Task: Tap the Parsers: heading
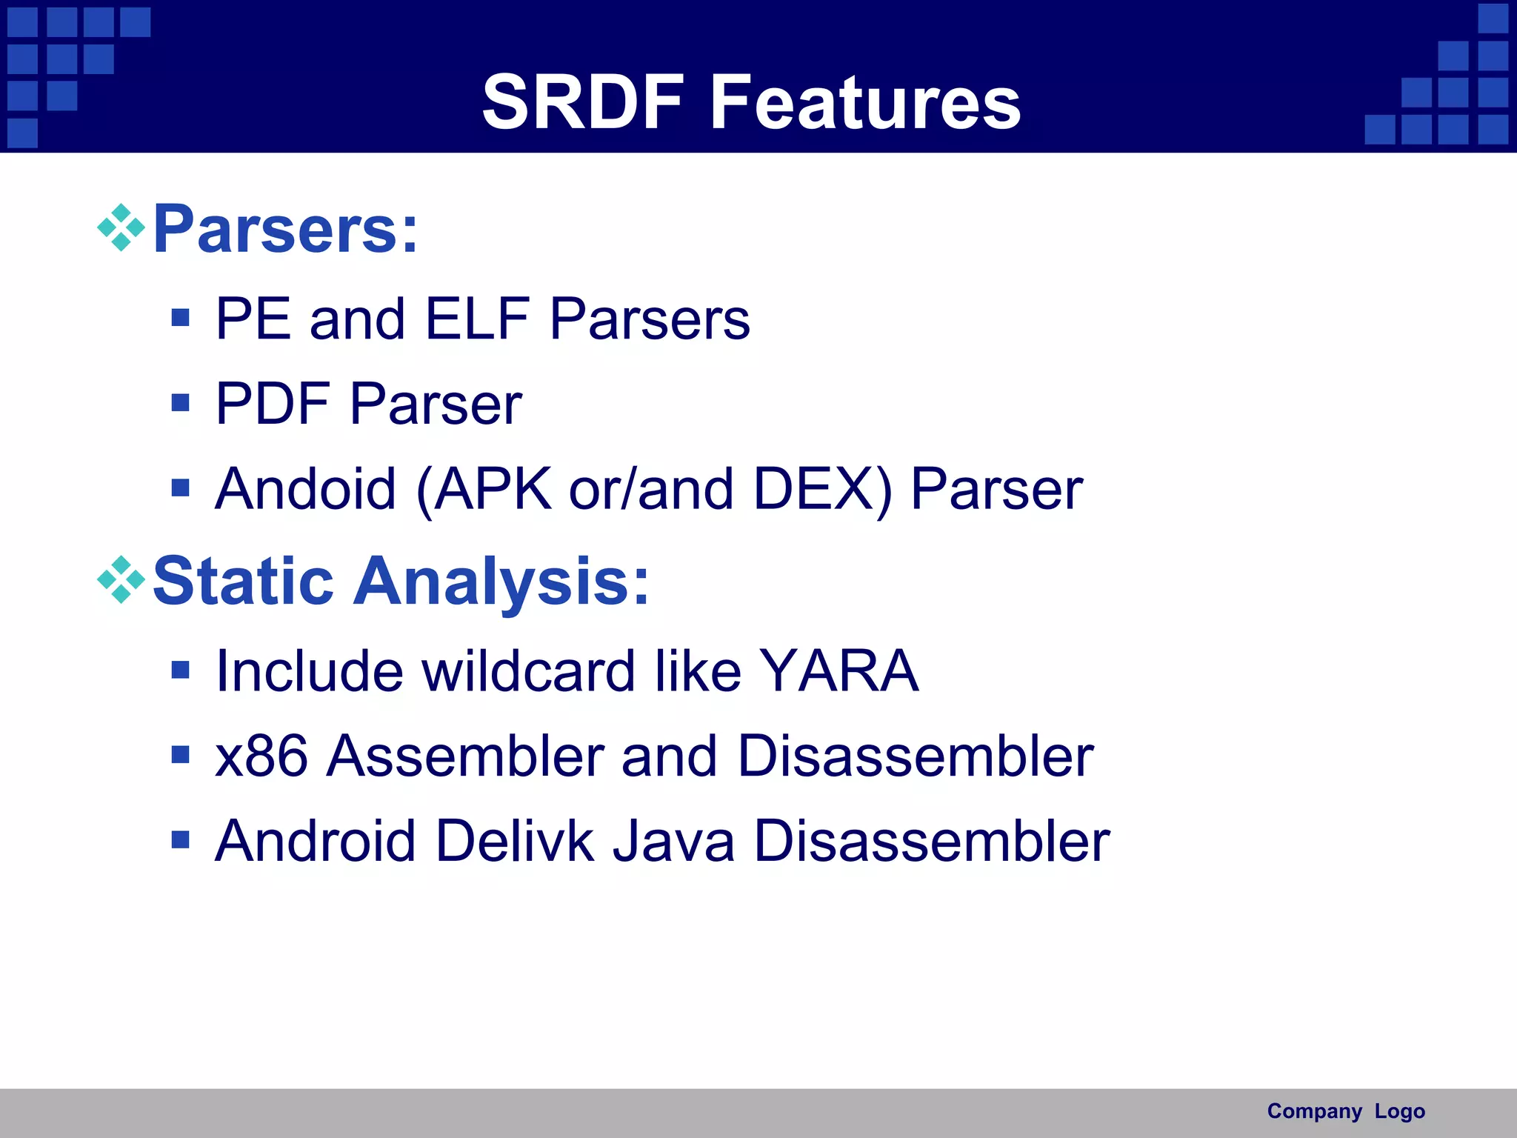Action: pos(285,229)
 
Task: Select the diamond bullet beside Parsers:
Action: pos(121,227)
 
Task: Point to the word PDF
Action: pos(272,404)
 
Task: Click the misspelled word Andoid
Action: pos(305,489)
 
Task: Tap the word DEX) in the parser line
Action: pos(823,489)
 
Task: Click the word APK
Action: pos(492,489)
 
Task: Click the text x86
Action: pos(261,756)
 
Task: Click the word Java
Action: pos(673,841)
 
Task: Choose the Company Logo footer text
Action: pos(1345,1111)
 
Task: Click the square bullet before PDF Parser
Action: pos(180,403)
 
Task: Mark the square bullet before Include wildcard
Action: pos(180,670)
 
